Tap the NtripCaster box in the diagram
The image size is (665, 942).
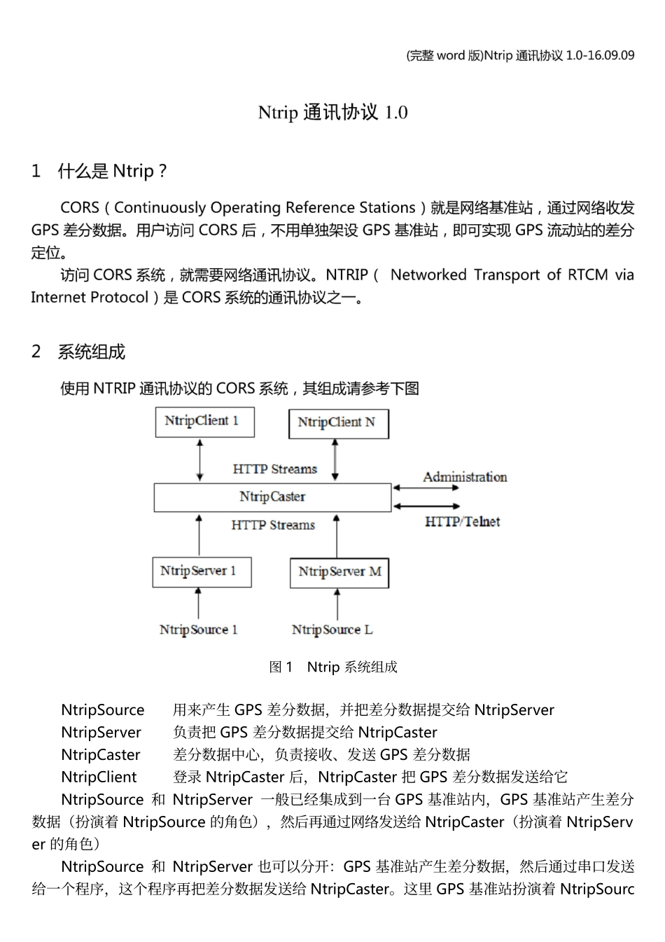click(272, 497)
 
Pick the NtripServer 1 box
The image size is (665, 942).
click(202, 572)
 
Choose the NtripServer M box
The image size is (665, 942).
click(339, 572)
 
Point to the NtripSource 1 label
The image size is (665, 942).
click(198, 630)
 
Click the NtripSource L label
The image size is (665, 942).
click(332, 630)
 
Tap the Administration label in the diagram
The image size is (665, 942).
click(465, 477)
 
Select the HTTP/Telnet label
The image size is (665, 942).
click(462, 521)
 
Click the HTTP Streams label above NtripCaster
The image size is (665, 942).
click(274, 469)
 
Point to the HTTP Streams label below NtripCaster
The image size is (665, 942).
click(273, 525)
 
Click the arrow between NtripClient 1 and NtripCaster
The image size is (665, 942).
click(200, 460)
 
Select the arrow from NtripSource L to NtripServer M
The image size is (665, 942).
click(337, 604)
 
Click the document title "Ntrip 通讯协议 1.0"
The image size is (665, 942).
click(332, 112)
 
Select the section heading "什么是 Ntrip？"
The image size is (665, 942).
click(112, 171)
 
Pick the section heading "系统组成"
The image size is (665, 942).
click(91, 352)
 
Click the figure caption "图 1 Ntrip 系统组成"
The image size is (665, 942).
click(333, 667)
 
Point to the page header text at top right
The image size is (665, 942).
click(520, 55)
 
